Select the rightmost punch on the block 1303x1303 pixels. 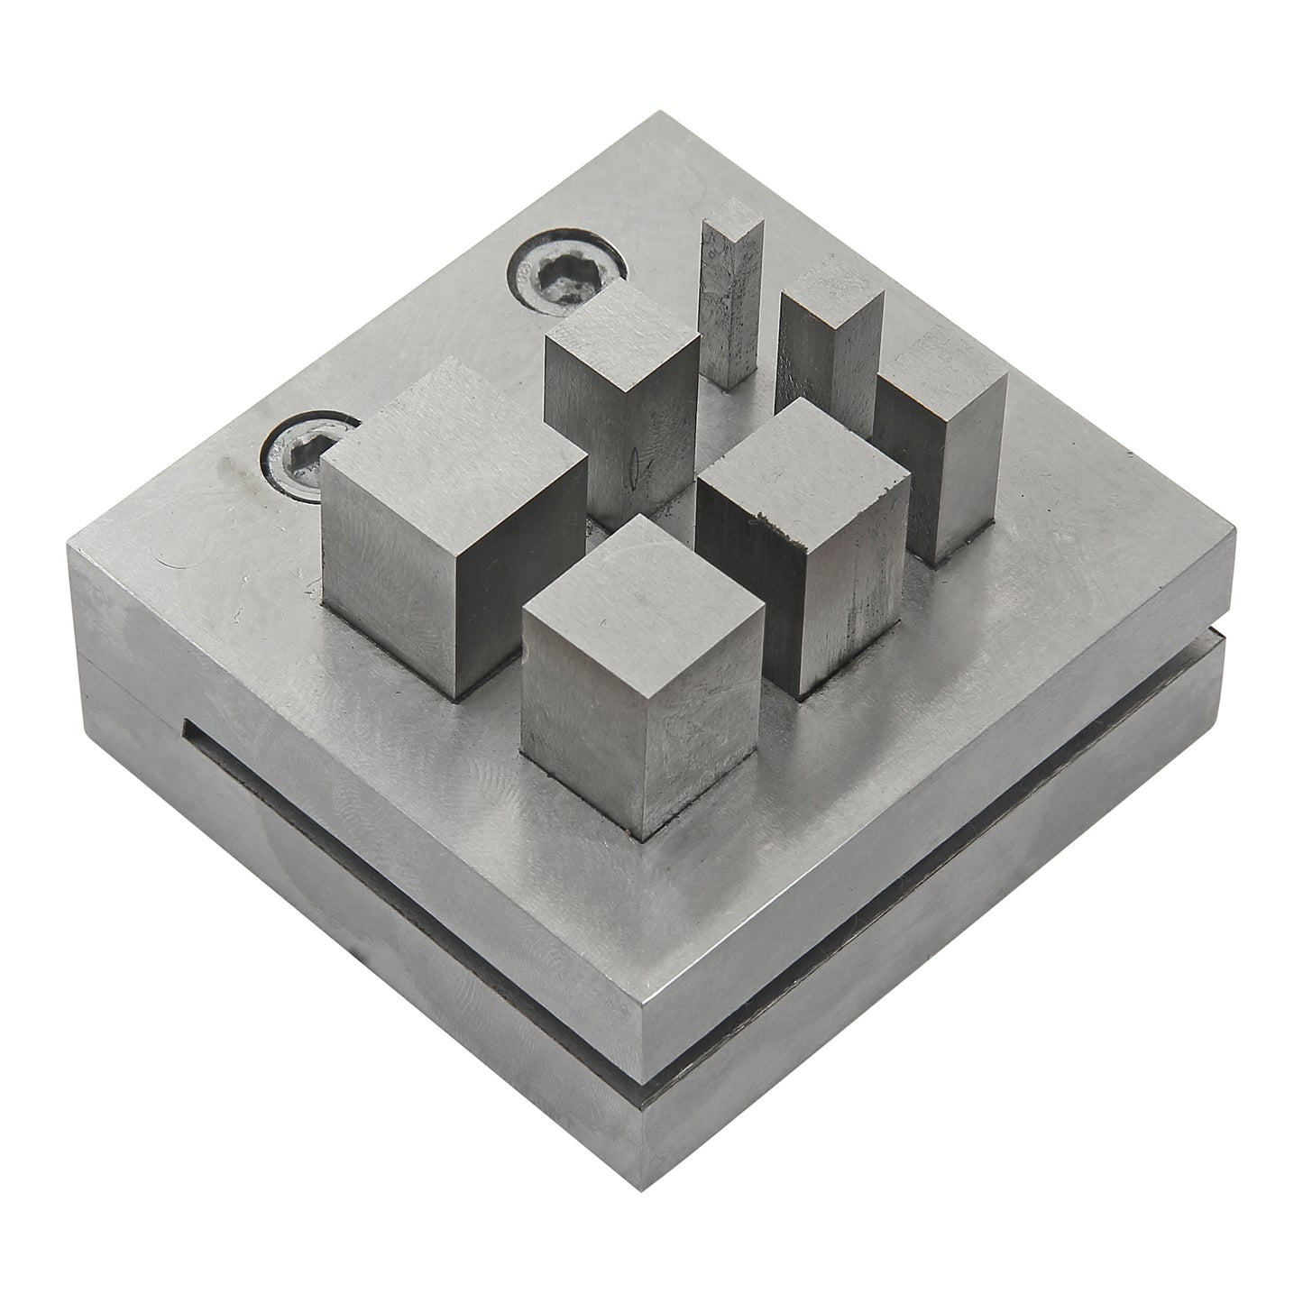coord(942,451)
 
